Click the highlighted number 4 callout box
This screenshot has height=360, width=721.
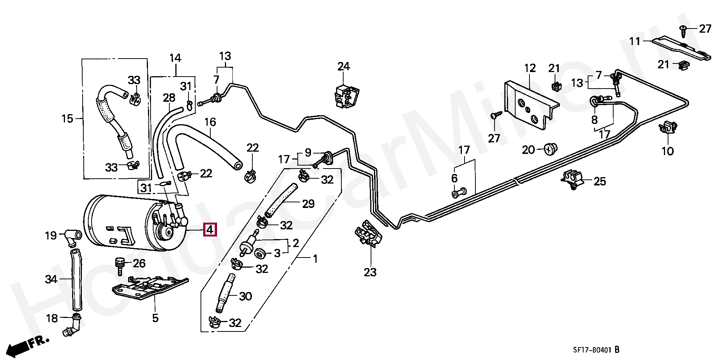(x=210, y=229)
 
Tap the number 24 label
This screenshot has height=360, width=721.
(x=343, y=67)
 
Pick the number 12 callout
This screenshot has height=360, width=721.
(x=530, y=68)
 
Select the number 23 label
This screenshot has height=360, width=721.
(x=370, y=272)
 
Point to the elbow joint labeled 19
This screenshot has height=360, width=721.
(x=72, y=235)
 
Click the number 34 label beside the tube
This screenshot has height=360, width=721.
(x=51, y=279)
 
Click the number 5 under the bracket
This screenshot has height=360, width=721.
(x=155, y=318)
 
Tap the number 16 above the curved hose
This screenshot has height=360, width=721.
(x=210, y=122)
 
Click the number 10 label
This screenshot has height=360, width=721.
(x=668, y=151)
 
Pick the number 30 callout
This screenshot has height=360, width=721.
(x=245, y=297)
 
